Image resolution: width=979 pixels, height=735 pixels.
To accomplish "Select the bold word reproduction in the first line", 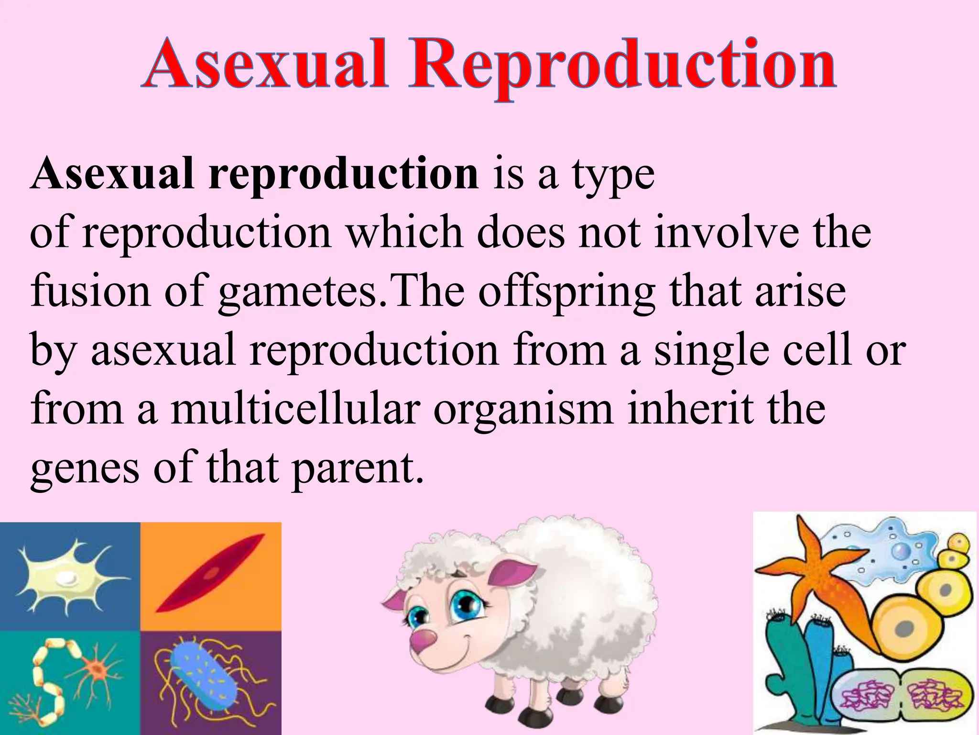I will click(x=343, y=175).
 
